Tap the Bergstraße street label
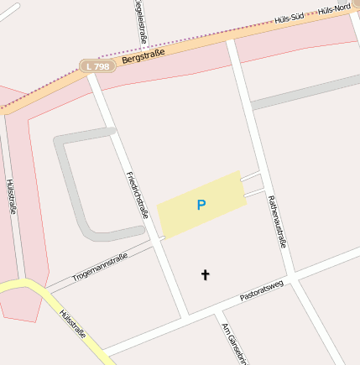[x=143, y=55]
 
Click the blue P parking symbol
[x=201, y=205]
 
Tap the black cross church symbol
[x=205, y=274]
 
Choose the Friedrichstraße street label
[x=137, y=195]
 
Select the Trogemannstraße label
[x=99, y=266]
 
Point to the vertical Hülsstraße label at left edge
[x=11, y=196]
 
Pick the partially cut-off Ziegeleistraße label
[x=139, y=23]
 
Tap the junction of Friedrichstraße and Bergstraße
[x=93, y=78]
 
